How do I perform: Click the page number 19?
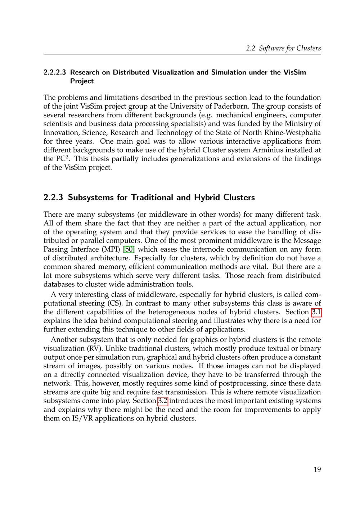point(317,469)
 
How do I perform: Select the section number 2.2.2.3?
point(55,72)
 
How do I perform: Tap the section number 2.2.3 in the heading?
point(53,198)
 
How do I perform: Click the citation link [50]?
point(130,249)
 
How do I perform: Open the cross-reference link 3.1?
point(316,312)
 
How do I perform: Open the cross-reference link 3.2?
point(163,401)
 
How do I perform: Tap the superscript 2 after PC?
point(67,157)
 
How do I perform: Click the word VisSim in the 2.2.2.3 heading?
point(294,72)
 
